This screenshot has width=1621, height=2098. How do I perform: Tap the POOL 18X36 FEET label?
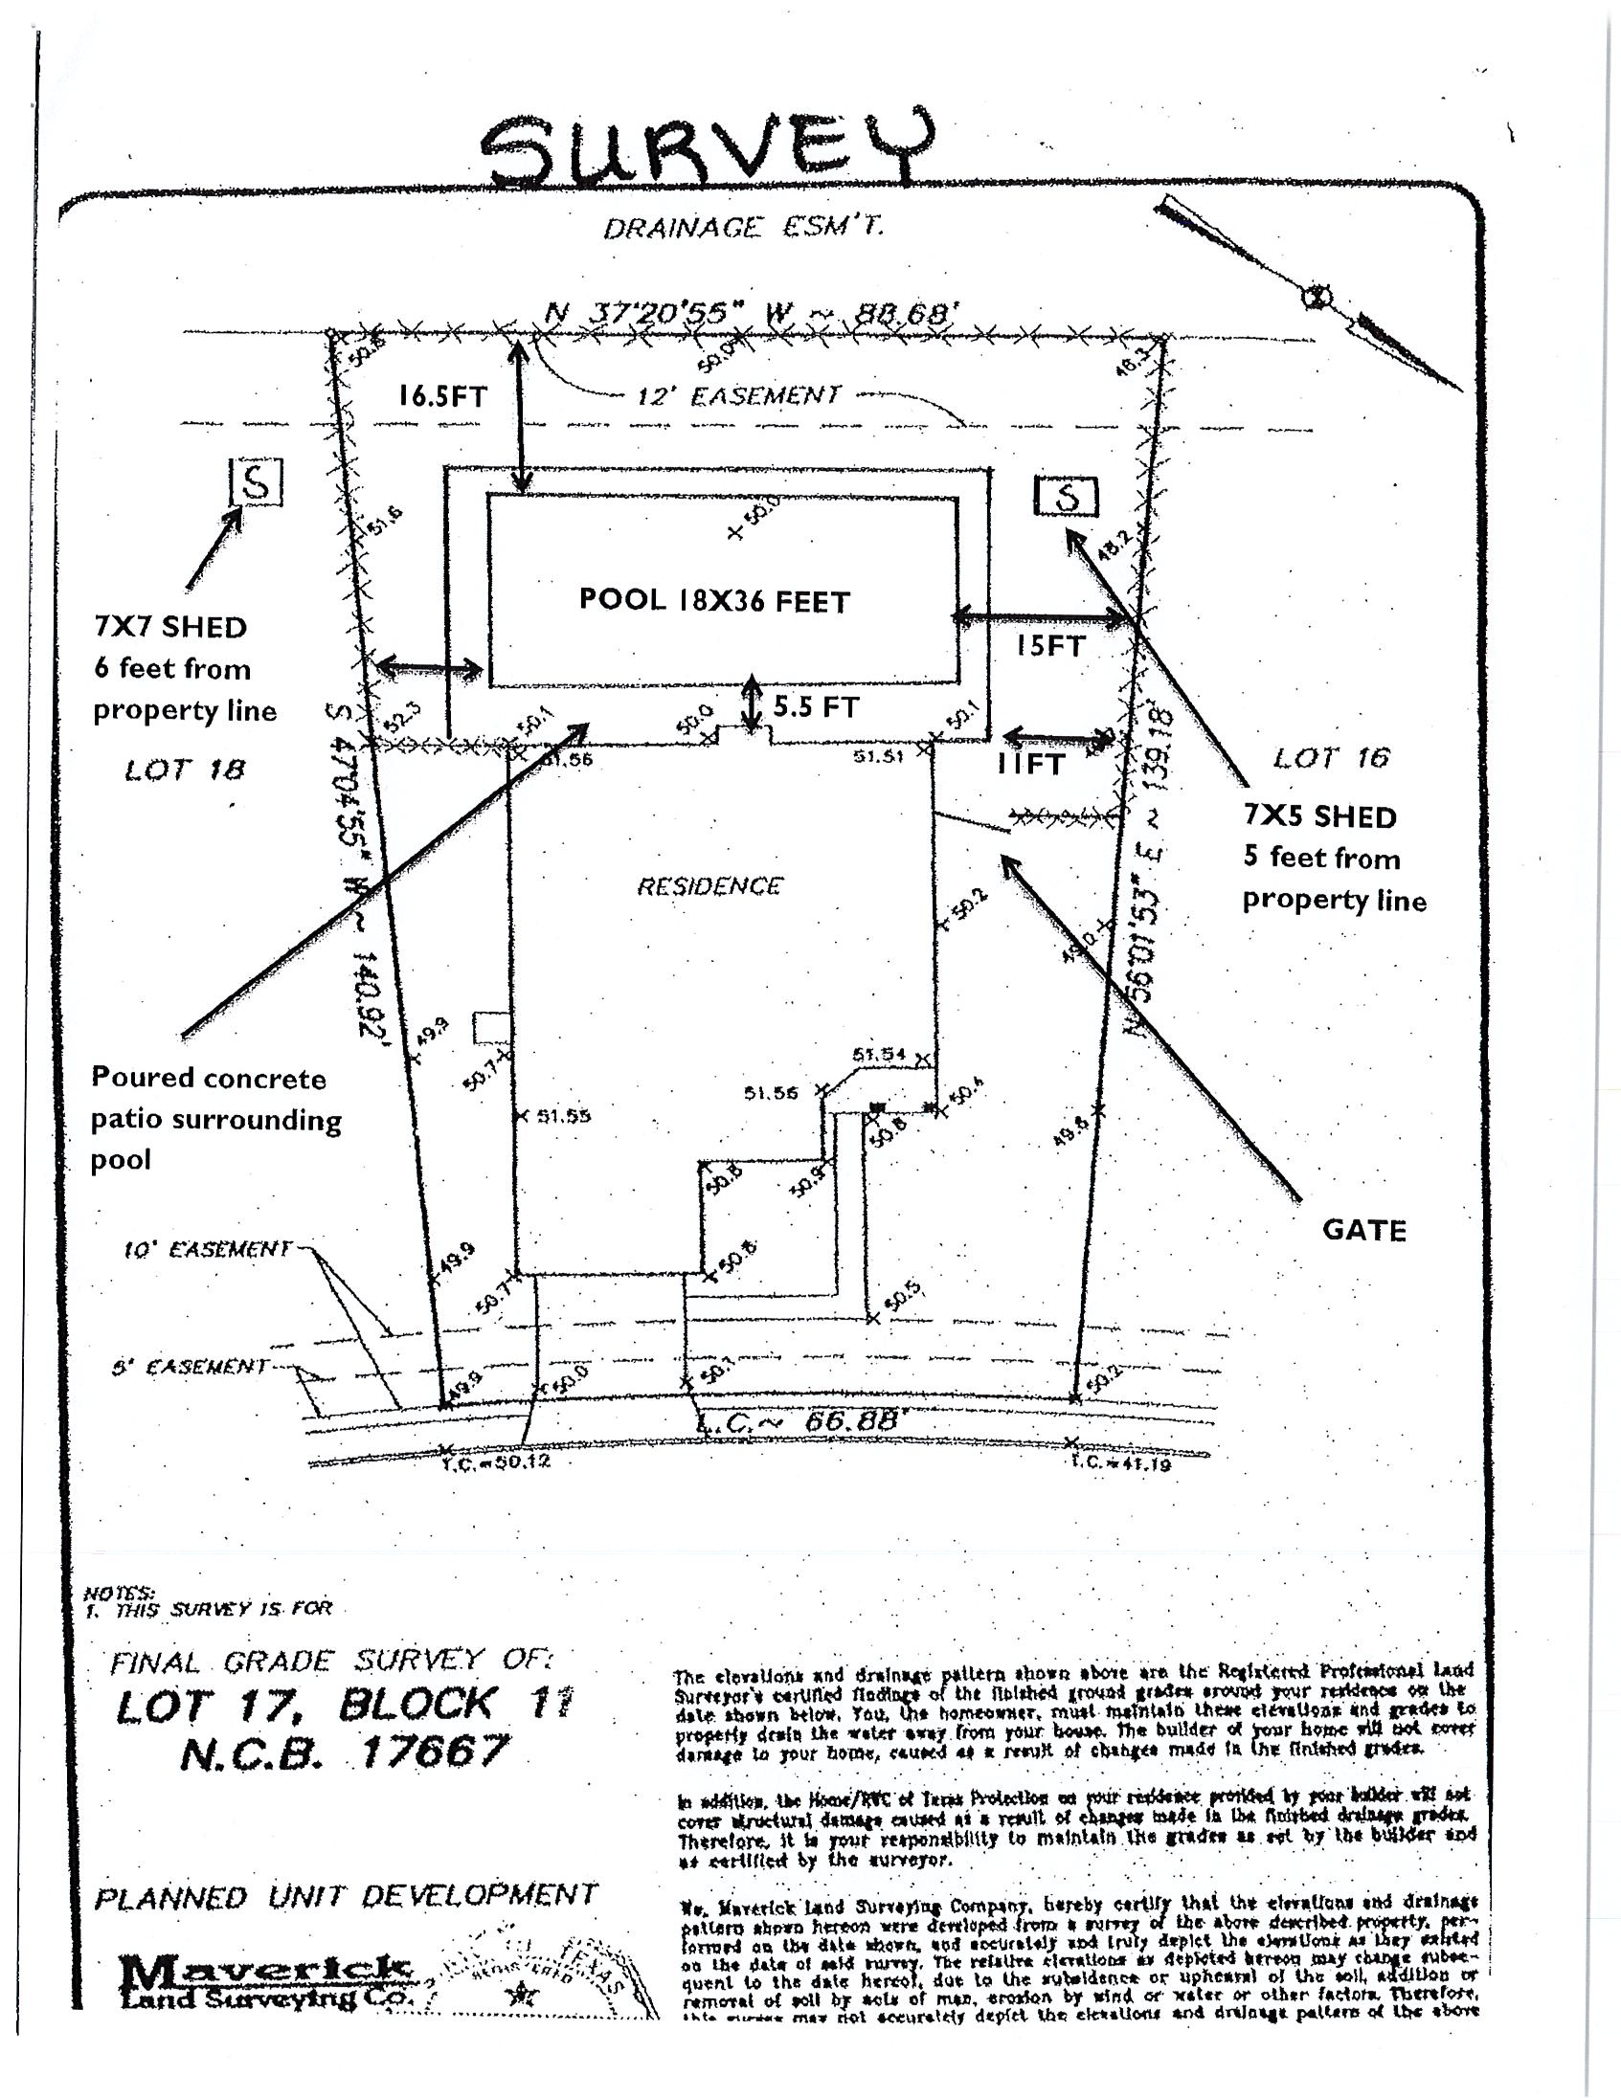coord(714,601)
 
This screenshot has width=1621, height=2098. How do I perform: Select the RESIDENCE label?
coord(709,885)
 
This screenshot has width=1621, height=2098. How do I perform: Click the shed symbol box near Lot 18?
coord(257,481)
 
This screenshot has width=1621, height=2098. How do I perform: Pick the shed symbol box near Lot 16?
coord(1066,496)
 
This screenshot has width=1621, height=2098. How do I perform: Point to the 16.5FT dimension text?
coord(443,397)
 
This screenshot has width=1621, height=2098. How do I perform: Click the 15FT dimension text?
coord(1051,645)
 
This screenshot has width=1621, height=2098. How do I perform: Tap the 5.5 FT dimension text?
coord(816,707)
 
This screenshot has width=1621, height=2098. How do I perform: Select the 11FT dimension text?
coord(1031,765)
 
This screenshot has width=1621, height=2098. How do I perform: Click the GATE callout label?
coord(1363,1231)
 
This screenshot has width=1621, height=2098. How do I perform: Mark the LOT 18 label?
coord(185,770)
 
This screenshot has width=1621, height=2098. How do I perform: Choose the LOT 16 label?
coord(1331,758)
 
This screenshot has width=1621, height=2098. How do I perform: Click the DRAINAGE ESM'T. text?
coord(743,228)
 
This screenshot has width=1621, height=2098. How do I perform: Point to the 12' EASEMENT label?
coord(738,395)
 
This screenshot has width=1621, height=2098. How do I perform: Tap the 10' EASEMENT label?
coord(207,1250)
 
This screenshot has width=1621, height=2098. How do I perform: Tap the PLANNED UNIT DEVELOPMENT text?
coord(346,1897)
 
